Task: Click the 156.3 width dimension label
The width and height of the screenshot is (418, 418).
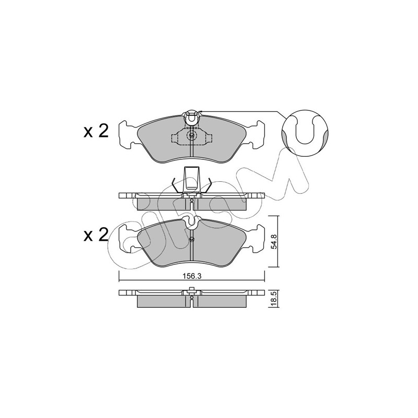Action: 191,276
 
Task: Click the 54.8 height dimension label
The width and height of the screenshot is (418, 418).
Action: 273,241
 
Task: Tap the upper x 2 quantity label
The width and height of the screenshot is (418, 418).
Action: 96,131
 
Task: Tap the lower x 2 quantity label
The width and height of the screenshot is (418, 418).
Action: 96,235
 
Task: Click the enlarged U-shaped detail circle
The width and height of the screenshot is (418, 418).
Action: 305,132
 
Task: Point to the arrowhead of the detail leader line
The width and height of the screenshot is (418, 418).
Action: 200,111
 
